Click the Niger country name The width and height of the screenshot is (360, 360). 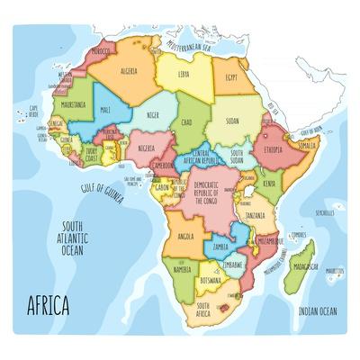click(x=154, y=115)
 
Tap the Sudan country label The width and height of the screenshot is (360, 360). click(x=232, y=120)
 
